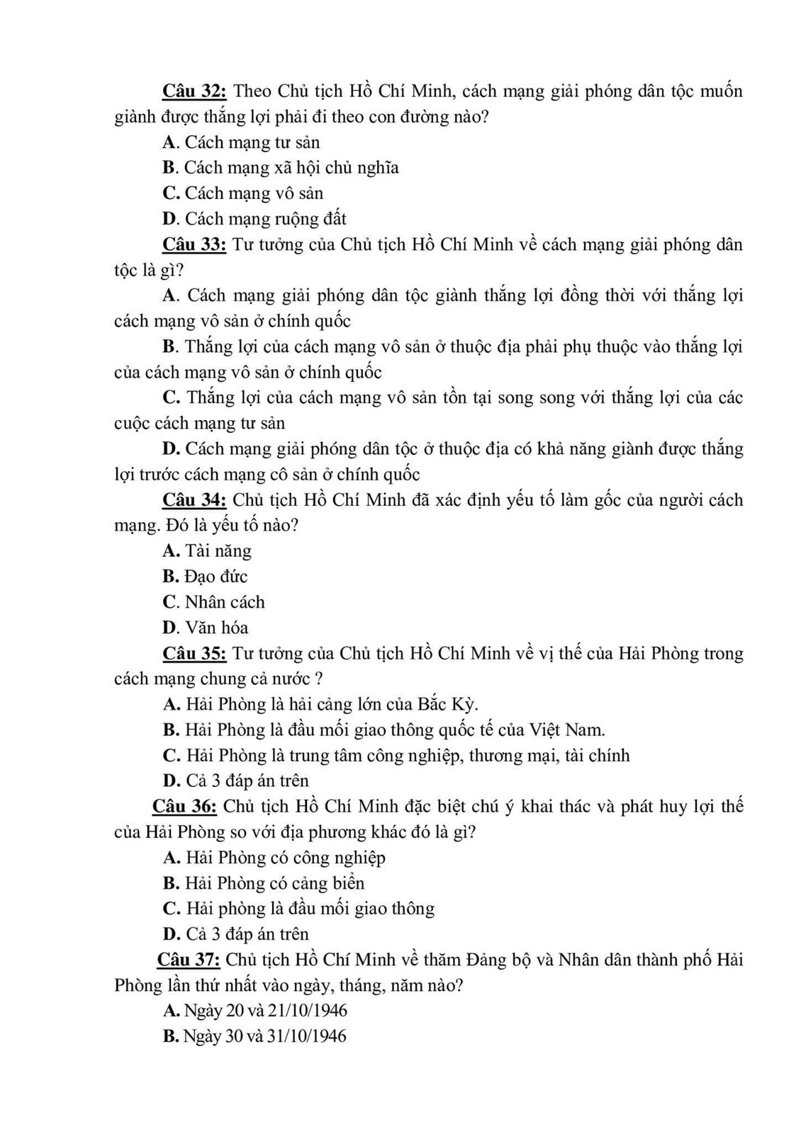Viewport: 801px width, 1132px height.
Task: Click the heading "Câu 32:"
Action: pos(194,91)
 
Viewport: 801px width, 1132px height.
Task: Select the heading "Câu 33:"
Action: pos(194,245)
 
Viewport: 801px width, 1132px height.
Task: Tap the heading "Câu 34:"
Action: pos(194,500)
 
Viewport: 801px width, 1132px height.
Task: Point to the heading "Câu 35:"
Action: pos(194,653)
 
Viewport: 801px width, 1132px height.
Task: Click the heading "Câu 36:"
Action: pos(184,807)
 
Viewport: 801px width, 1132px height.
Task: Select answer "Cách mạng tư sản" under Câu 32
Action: pos(252,142)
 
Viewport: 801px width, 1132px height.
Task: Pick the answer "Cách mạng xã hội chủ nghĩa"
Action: pos(291,168)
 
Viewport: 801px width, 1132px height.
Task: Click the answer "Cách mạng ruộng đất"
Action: pos(265,219)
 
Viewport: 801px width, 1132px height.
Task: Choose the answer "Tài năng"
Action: pos(218,551)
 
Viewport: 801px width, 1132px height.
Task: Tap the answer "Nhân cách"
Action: pos(224,602)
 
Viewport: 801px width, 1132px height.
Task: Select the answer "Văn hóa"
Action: pos(216,628)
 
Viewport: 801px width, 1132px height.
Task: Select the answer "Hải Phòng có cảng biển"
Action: pos(274,883)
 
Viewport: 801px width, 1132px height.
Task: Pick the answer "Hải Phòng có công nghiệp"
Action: pos(285,858)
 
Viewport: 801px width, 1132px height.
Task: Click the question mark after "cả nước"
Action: pos(320,679)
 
